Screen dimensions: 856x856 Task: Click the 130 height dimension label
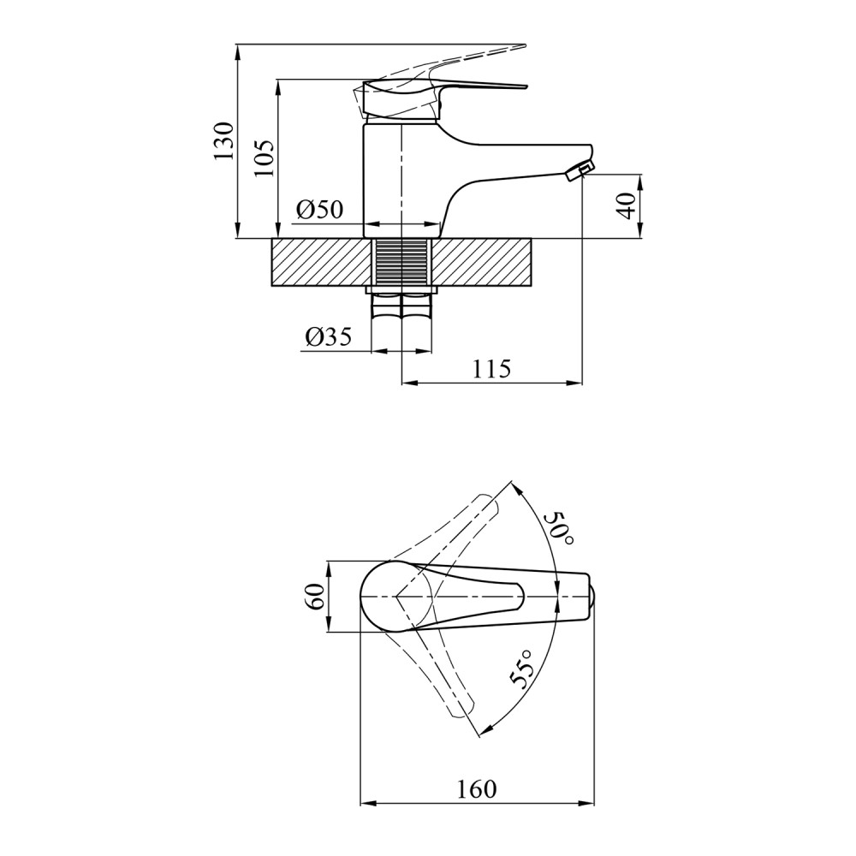(x=223, y=141)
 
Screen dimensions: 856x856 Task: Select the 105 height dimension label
(x=265, y=158)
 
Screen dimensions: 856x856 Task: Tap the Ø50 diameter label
(x=320, y=209)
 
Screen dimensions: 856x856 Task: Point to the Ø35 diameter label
(x=329, y=337)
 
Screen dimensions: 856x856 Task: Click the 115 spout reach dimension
(x=491, y=370)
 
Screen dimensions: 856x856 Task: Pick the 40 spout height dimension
(x=627, y=205)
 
